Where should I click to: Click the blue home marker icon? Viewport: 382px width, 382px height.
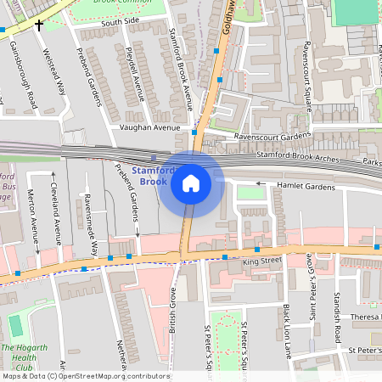pos(191,183)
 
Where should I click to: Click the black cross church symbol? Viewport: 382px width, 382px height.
pos(39,25)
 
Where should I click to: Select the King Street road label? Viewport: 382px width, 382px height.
pos(261,261)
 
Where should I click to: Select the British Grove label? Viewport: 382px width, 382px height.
pos(172,309)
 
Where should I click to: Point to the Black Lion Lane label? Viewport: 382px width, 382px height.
pos(287,329)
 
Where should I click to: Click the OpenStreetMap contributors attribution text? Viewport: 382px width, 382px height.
pos(85,376)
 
